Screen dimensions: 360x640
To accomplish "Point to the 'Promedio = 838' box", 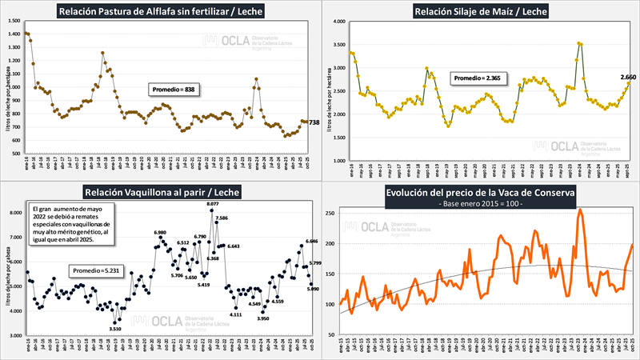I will (x=174, y=90).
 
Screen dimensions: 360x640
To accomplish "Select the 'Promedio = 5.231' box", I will (x=95, y=271).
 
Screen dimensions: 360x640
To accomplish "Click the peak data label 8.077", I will (x=212, y=204).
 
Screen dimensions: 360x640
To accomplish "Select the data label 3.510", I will (x=115, y=328).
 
